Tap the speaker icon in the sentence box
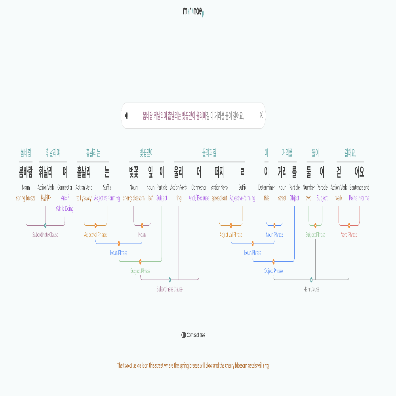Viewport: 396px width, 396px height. pyautogui.click(x=127, y=116)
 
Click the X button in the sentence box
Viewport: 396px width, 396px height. pyautogui.click(x=261, y=115)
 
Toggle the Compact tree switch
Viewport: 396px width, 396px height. pyautogui.click(x=184, y=335)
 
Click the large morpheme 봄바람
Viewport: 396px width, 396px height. pyautogui.click(x=26, y=172)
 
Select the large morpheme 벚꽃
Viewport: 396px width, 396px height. pyautogui.click(x=134, y=172)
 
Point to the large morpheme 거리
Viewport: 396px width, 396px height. pyautogui.click(x=282, y=172)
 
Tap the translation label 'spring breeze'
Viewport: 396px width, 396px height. pyautogui.click(x=26, y=198)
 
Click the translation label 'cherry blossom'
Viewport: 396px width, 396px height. pyautogui.click(x=134, y=198)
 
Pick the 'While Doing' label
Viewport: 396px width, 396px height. pyautogui.click(x=65, y=209)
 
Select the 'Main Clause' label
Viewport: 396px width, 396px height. pyautogui.click(x=311, y=289)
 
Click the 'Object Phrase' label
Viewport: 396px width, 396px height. pyautogui.click(x=274, y=271)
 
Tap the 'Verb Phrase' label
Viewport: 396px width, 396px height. pyautogui.click(x=349, y=234)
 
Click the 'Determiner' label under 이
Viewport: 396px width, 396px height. pyautogui.click(x=266, y=187)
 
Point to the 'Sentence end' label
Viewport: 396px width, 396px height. pyautogui.click(x=359, y=187)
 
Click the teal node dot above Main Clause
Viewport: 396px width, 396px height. pyautogui.click(x=311, y=280)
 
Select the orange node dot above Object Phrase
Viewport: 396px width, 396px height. pyautogui.click(x=274, y=261)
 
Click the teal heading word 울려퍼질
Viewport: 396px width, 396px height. pyautogui.click(x=209, y=153)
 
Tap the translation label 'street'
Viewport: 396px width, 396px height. pyautogui.click(x=282, y=198)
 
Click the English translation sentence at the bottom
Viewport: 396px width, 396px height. pyautogui.click(x=193, y=366)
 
